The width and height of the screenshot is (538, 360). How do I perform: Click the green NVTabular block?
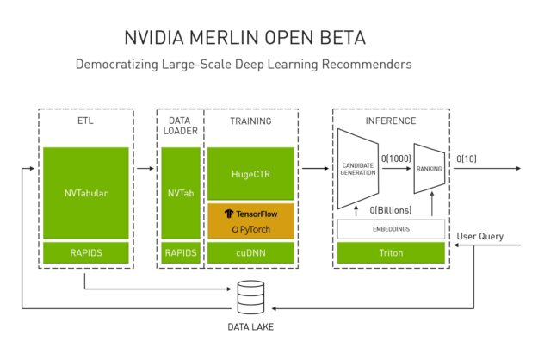[85, 192]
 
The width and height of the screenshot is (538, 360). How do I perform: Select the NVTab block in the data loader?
[180, 192]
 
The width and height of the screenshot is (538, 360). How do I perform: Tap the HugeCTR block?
[250, 173]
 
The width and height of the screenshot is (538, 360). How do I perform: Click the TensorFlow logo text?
[250, 213]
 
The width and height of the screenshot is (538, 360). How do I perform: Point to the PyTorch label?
[250, 229]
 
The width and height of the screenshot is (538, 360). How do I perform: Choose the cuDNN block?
[250, 253]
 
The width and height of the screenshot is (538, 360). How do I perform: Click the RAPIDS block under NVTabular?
[85, 253]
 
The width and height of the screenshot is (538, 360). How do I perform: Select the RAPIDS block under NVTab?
[180, 253]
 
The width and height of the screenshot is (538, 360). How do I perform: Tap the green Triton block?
[391, 253]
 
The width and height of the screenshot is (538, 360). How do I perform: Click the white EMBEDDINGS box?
[391, 229]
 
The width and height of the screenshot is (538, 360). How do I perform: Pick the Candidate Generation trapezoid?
[360, 169]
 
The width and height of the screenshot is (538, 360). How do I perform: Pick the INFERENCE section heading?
[391, 121]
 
